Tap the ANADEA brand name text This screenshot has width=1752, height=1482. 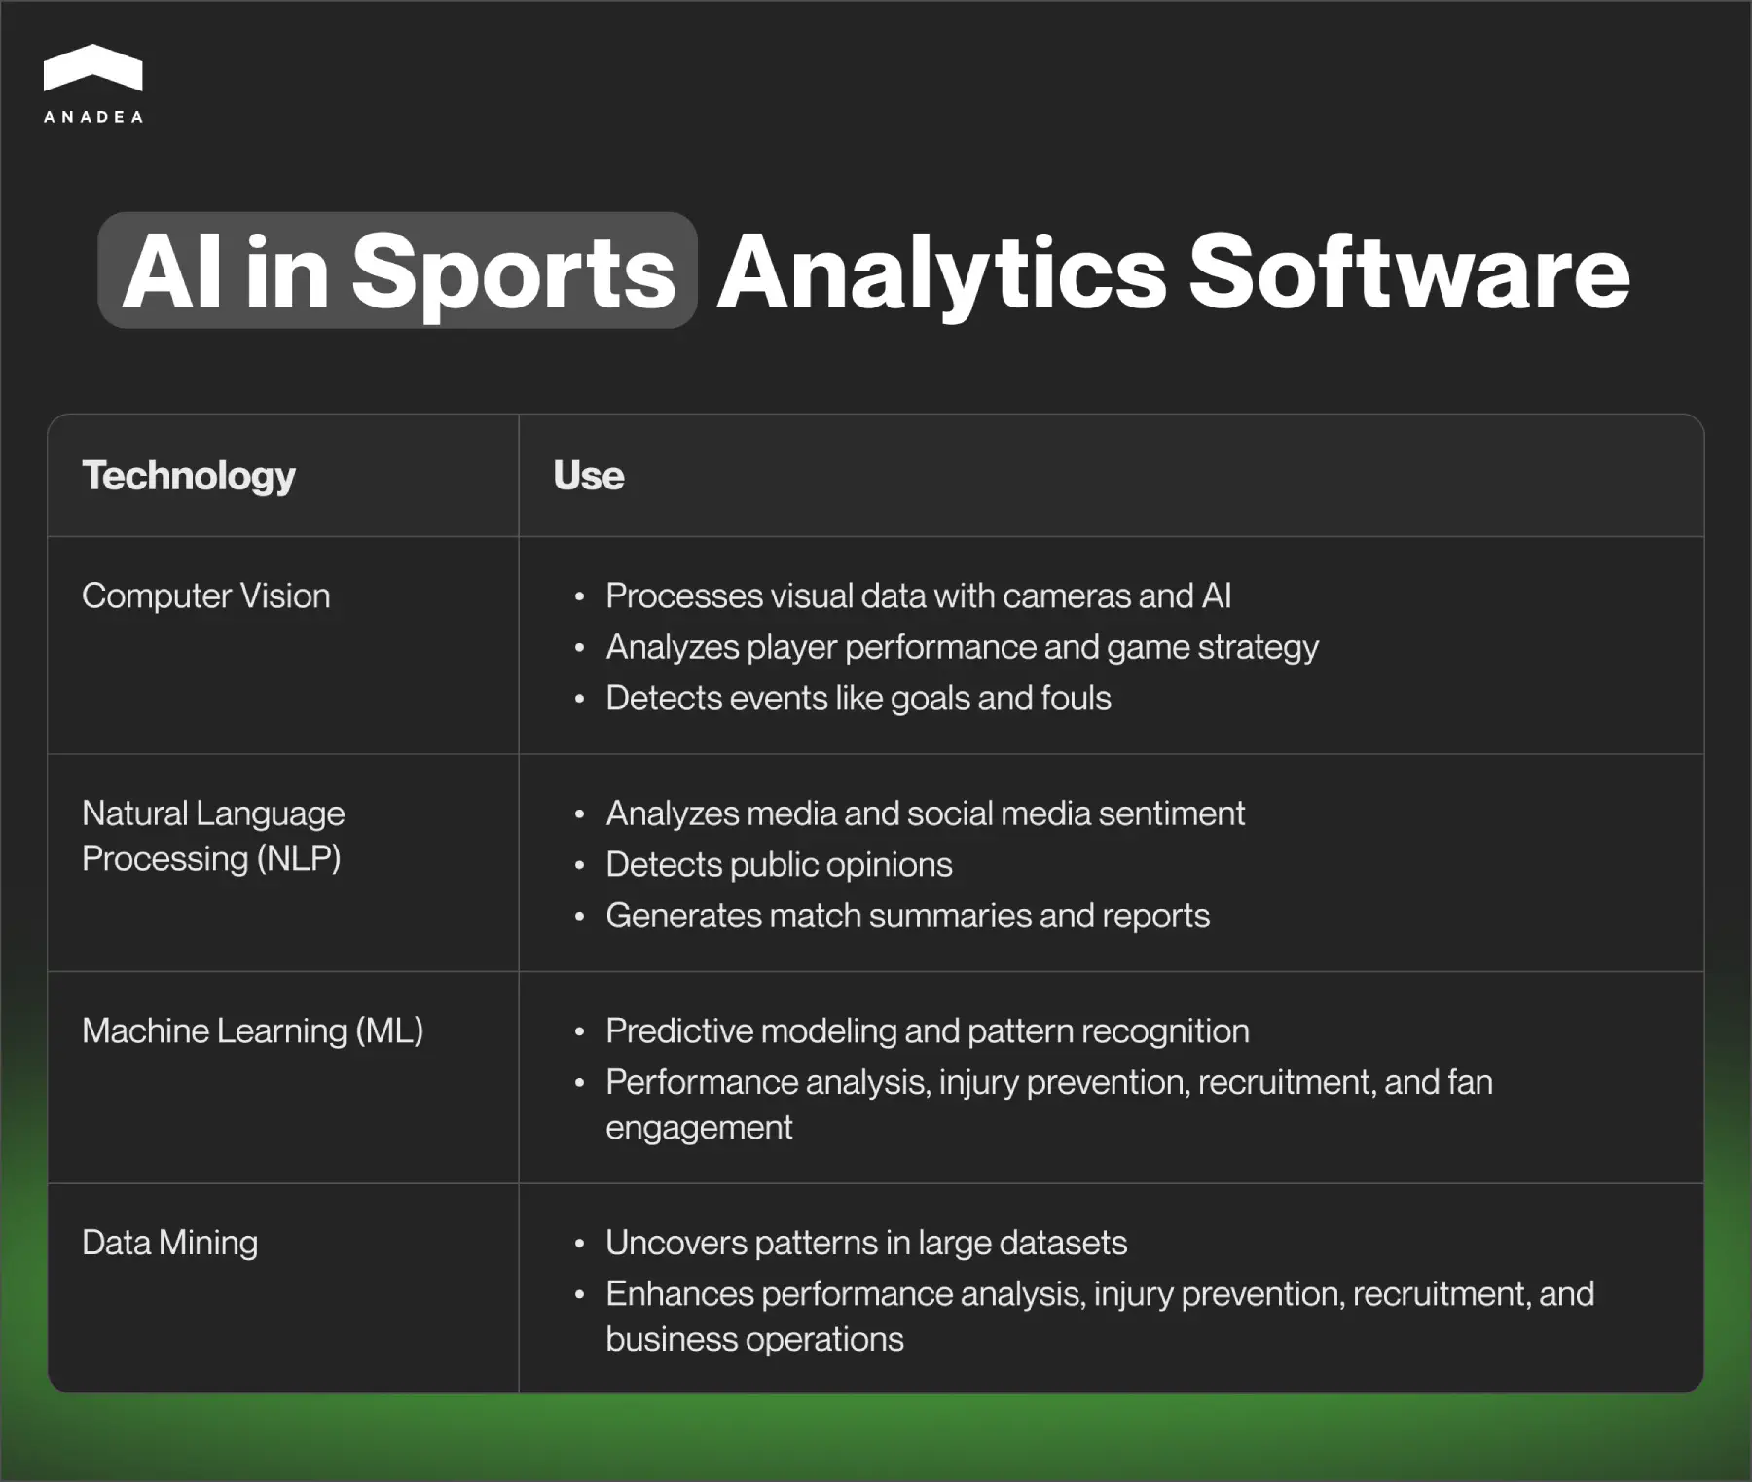click(x=93, y=117)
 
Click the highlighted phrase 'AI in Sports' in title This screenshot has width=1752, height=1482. click(x=398, y=271)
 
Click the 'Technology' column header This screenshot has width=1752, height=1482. click(x=189, y=476)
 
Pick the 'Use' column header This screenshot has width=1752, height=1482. click(x=588, y=476)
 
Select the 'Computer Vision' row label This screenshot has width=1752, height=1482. click(x=206, y=596)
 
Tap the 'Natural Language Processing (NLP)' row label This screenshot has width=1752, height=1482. click(x=213, y=836)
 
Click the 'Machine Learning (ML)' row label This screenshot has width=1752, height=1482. click(x=253, y=1030)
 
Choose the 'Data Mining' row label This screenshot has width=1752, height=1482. click(x=170, y=1243)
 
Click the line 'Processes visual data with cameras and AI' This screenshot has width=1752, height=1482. click(x=918, y=596)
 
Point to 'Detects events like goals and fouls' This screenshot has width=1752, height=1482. click(x=858, y=698)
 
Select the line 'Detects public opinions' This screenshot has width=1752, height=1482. click(x=779, y=864)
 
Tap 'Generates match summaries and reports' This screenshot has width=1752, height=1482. click(x=907, y=916)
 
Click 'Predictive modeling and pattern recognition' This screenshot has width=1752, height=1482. click(x=927, y=1030)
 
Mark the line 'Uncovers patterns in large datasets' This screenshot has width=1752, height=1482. click(x=866, y=1243)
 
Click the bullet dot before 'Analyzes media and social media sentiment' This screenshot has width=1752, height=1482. click(x=580, y=814)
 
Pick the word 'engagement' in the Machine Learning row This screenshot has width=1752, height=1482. click(x=699, y=1127)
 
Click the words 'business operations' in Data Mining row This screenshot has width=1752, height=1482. click(x=754, y=1339)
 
